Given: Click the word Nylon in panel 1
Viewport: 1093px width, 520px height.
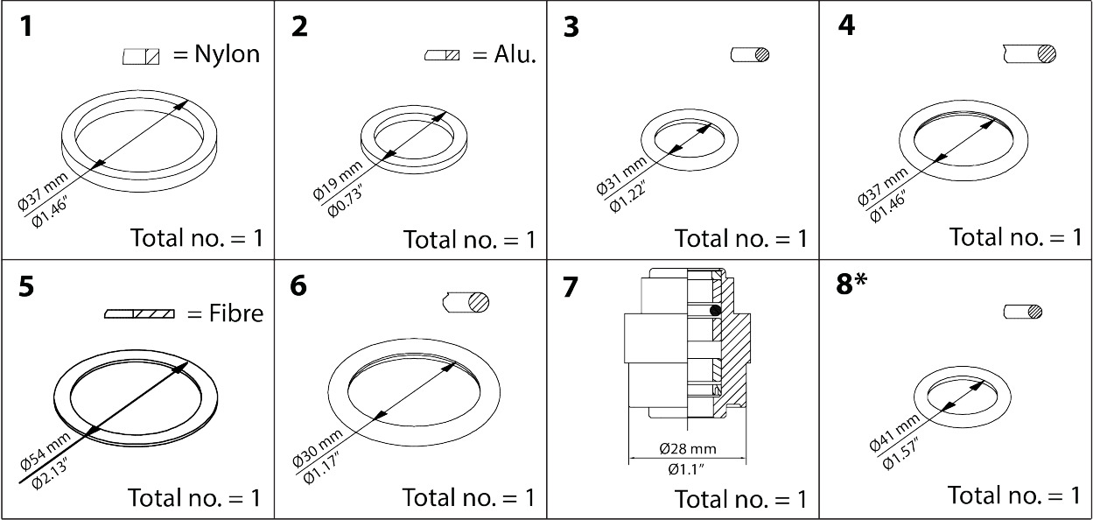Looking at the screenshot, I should point(227,55).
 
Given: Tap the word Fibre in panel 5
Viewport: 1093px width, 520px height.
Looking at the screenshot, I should point(234,313).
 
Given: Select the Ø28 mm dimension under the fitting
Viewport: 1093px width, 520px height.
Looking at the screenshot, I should point(687,449).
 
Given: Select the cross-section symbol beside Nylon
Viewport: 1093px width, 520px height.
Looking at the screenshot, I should point(142,57).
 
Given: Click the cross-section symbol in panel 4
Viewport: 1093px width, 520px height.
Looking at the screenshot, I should point(1030,54).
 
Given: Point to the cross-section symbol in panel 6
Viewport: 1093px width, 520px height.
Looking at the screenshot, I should point(466,302).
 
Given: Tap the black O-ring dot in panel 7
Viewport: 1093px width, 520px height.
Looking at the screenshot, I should point(715,310).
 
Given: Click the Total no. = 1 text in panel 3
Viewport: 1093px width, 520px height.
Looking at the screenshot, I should point(740,238).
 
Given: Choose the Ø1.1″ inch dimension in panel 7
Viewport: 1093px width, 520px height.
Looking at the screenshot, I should point(687,469).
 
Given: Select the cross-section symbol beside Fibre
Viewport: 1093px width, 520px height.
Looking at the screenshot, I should point(139,313).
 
